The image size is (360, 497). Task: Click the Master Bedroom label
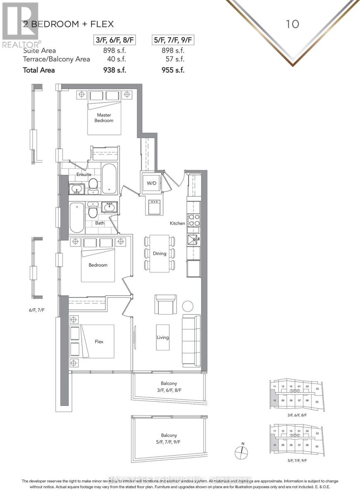tap(104, 118)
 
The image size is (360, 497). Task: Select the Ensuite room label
tap(84, 174)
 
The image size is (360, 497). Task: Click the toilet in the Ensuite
tap(93, 186)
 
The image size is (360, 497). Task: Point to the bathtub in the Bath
tap(77, 217)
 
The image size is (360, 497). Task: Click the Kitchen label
tap(177, 223)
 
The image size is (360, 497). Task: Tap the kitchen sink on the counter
tap(193, 239)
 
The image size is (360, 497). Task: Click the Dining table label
tap(159, 253)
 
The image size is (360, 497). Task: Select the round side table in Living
tap(188, 306)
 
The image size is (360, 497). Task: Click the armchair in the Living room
tap(165, 304)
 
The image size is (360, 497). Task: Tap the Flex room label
tap(99, 342)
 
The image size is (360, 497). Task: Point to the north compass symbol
tap(241, 452)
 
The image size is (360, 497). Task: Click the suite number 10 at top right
tap(292, 24)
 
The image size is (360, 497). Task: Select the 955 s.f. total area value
tap(174, 70)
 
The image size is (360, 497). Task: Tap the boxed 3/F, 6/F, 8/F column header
tap(114, 40)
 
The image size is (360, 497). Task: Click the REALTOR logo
tap(20, 25)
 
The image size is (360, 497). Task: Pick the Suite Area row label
tap(39, 51)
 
